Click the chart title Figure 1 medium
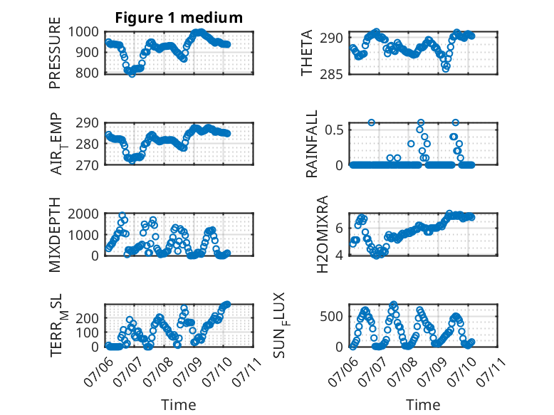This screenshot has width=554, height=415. (x=179, y=18)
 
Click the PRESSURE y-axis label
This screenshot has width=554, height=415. (x=55, y=53)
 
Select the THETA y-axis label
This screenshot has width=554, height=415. (x=307, y=53)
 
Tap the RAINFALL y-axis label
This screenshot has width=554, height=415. (x=312, y=144)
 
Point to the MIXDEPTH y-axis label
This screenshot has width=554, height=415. (x=55, y=235)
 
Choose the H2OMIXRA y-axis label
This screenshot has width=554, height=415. (x=323, y=234)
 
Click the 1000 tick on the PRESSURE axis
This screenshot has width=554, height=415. (x=83, y=32)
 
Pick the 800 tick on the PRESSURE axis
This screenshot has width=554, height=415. (x=88, y=73)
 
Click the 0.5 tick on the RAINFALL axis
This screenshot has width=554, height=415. (x=334, y=130)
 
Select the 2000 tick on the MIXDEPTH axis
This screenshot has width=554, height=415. (x=83, y=214)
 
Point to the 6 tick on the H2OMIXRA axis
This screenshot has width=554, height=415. (x=339, y=228)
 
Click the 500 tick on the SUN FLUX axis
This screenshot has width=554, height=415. (x=331, y=316)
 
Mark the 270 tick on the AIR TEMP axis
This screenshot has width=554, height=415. (x=88, y=165)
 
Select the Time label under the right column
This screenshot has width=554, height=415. (x=423, y=404)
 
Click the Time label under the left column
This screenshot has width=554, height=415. (x=179, y=404)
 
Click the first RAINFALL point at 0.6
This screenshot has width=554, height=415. (x=371, y=122)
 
